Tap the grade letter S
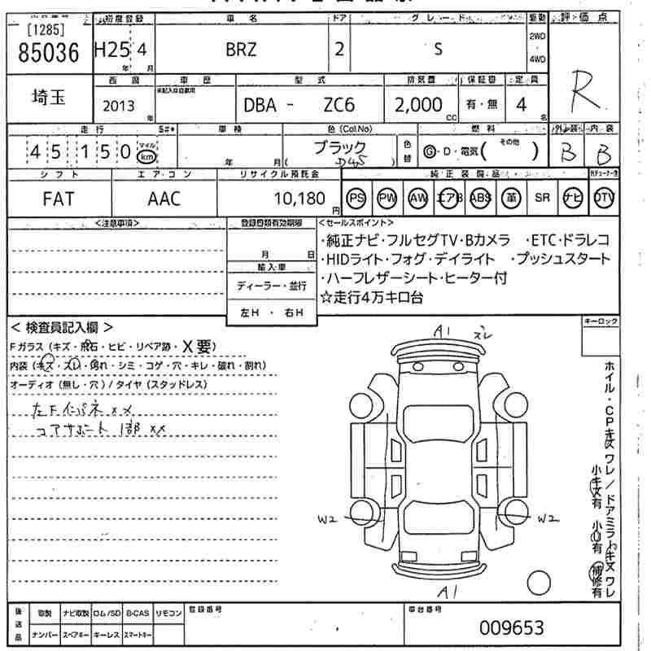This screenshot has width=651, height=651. [x=438, y=48]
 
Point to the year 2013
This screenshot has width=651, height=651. [x=120, y=105]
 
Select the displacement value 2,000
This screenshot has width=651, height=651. [x=418, y=104]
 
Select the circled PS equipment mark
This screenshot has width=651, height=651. [x=356, y=199]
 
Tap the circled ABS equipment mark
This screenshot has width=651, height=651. [x=482, y=199]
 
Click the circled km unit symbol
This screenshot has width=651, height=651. [x=146, y=155]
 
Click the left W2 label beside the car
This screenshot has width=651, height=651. [x=326, y=518]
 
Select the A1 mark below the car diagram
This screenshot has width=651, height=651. [x=446, y=589]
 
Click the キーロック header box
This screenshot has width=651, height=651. [x=601, y=323]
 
